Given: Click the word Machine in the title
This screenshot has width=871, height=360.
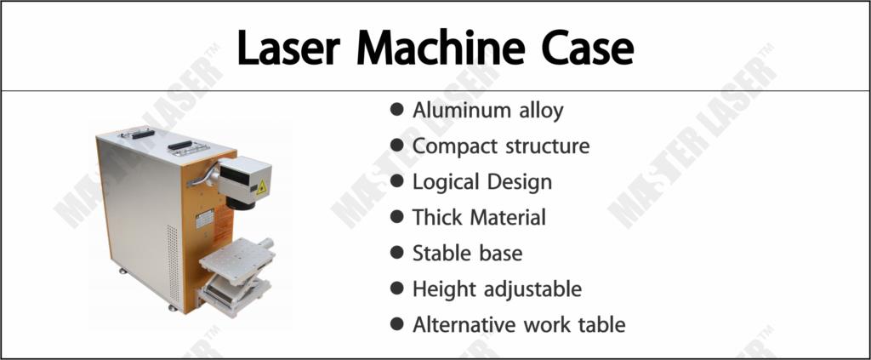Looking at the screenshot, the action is point(441,49).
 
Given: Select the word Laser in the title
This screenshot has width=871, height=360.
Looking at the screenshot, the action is point(288,49).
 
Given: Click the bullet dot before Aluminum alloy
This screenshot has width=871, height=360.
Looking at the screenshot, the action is point(396,109).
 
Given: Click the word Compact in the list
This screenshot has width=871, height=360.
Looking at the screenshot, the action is point(455,147).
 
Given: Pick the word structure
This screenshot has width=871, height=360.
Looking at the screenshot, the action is point(548,146).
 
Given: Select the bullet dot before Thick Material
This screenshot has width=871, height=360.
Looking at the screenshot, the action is point(396,217).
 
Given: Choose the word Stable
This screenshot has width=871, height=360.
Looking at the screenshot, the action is point(439,254).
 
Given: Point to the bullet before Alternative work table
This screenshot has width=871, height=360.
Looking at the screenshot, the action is point(396,324).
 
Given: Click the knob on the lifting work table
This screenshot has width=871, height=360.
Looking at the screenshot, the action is point(266,243).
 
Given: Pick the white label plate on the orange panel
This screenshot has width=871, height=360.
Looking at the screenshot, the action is point(204,219).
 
